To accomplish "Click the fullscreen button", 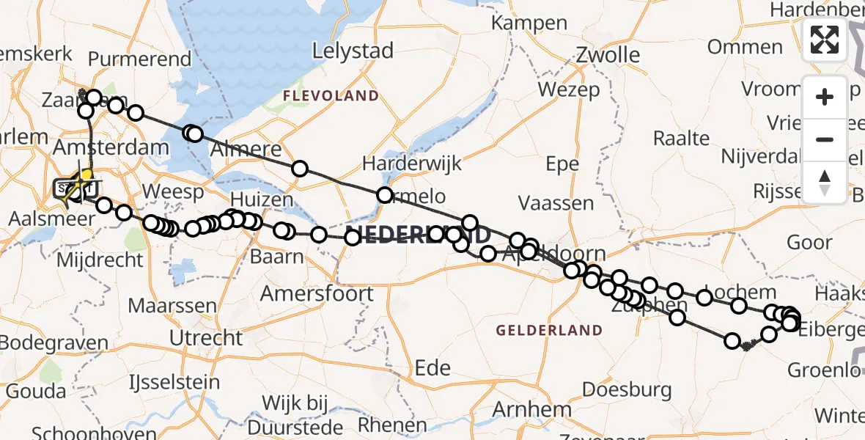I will [x=825, y=40].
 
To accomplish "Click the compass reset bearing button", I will [x=825, y=182].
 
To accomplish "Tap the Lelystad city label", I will [x=353, y=51].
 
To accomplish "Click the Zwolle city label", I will [x=608, y=55].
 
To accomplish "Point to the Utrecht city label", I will [x=206, y=338].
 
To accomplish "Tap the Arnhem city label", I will [x=533, y=409].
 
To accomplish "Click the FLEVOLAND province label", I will [x=331, y=96].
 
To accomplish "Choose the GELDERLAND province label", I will [x=549, y=331].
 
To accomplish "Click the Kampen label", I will [x=529, y=23].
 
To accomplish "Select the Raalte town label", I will [x=681, y=139].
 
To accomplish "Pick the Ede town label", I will [x=432, y=367].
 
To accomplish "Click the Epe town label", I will [x=562, y=164].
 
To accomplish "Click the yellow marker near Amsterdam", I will [x=86, y=176].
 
